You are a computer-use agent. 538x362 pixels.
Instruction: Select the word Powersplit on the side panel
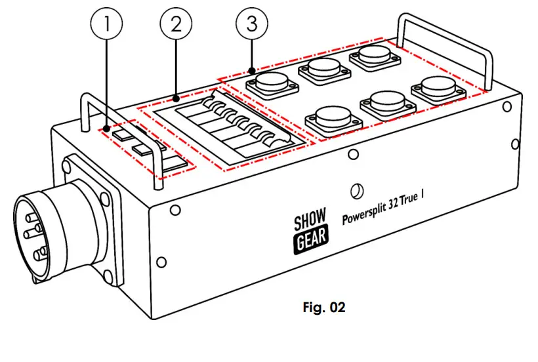click(x=366, y=217)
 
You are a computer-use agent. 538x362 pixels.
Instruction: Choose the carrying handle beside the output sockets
click(x=445, y=46)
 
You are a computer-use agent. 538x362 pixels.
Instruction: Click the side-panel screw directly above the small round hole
click(x=353, y=155)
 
